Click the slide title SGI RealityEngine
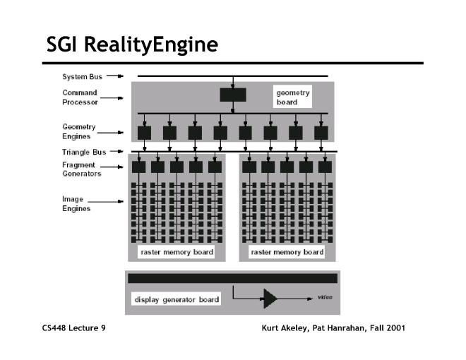pos(132,45)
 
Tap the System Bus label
pos(82,77)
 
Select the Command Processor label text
pos(80,97)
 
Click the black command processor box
pos(233,95)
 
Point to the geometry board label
pos(293,97)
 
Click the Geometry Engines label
pos(79,131)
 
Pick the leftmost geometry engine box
pos(145,133)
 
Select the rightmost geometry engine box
pos(321,133)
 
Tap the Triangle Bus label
pos(84,152)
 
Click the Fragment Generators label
pos(82,169)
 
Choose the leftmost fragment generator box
pos(139,167)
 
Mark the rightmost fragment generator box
pos(325,167)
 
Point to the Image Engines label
pos(76,204)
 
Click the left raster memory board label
pos(177,252)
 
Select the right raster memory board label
pos(287,252)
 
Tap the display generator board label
pos(177,299)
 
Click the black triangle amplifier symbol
pos(270,299)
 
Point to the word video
pos(325,297)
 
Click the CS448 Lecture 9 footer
pos(73,328)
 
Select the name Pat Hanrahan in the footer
pos(338,328)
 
